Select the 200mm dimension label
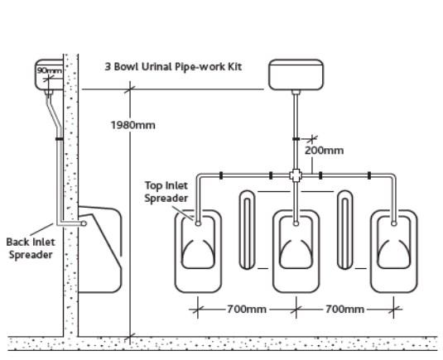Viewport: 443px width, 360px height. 324,150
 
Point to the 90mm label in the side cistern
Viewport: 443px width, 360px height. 49,70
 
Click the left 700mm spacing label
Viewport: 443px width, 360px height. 247,309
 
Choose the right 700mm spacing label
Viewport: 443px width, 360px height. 344,309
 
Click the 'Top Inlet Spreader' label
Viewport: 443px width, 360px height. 166,192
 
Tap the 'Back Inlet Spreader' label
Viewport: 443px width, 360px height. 30,248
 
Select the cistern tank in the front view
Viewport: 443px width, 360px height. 296,74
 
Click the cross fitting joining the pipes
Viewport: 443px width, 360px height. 296,175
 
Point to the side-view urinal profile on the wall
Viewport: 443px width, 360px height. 104,248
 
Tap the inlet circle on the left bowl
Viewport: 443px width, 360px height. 199,223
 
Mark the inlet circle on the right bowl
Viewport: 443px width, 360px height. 393,223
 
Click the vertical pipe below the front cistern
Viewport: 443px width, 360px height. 296,124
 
